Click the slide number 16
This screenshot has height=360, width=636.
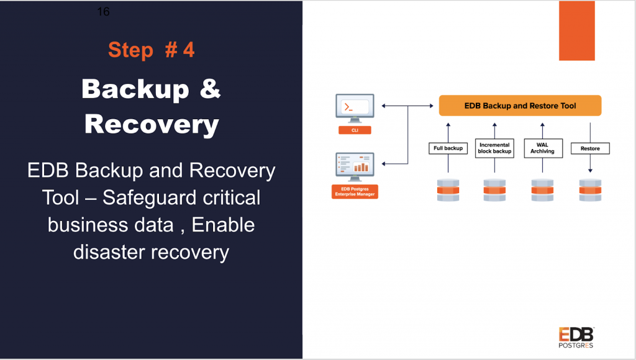104,12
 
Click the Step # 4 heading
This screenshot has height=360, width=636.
151,50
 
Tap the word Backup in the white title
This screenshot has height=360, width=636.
135,89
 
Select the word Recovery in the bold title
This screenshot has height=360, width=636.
152,124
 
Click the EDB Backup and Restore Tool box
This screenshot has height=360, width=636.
520,106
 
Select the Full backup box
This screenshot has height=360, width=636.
448,148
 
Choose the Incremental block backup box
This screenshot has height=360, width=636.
495,148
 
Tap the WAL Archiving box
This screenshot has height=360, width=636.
542,148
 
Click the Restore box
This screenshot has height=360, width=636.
590,148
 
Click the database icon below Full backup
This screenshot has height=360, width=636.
448,190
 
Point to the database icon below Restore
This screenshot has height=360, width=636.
590,190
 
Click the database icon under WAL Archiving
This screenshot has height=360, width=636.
542,190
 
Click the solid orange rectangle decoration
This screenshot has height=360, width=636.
576,30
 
